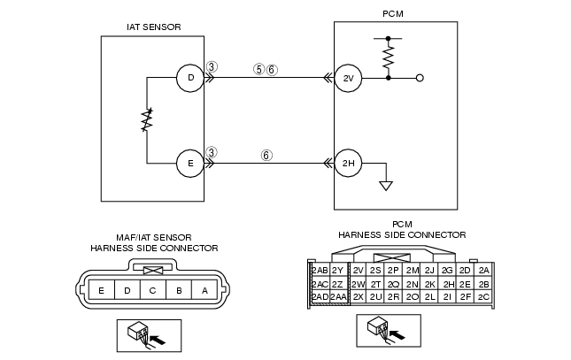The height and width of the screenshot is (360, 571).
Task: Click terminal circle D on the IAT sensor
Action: tap(190, 78)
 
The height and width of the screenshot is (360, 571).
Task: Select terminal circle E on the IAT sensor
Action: tap(190, 164)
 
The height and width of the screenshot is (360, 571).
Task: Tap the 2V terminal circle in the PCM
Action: tap(348, 78)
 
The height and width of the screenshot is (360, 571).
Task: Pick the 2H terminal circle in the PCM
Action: tap(348, 163)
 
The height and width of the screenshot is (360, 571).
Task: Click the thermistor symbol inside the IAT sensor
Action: tap(147, 120)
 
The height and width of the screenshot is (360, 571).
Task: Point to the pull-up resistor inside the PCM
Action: tap(389, 57)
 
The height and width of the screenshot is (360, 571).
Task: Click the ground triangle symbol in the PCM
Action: tap(386, 186)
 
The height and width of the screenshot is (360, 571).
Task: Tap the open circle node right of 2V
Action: tap(420, 78)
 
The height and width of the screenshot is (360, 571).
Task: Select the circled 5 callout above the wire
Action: tap(258, 69)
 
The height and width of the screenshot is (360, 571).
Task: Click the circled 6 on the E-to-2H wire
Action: tap(266, 156)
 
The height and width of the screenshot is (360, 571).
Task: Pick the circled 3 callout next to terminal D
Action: tap(212, 66)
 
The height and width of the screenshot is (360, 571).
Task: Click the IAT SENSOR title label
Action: tap(154, 27)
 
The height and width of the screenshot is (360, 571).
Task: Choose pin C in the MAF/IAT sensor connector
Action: tap(153, 290)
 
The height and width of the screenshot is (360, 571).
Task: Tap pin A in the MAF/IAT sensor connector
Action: tap(204, 290)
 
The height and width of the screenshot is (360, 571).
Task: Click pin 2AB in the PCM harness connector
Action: tap(320, 270)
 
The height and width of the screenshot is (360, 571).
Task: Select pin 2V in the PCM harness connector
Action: tap(359, 270)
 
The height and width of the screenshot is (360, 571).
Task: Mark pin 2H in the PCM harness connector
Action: tap(448, 284)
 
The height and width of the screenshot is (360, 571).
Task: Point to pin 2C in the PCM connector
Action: tap(483, 297)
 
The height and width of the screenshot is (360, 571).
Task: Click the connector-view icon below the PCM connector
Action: tap(389, 331)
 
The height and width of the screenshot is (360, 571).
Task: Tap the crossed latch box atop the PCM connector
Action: tap(392, 257)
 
